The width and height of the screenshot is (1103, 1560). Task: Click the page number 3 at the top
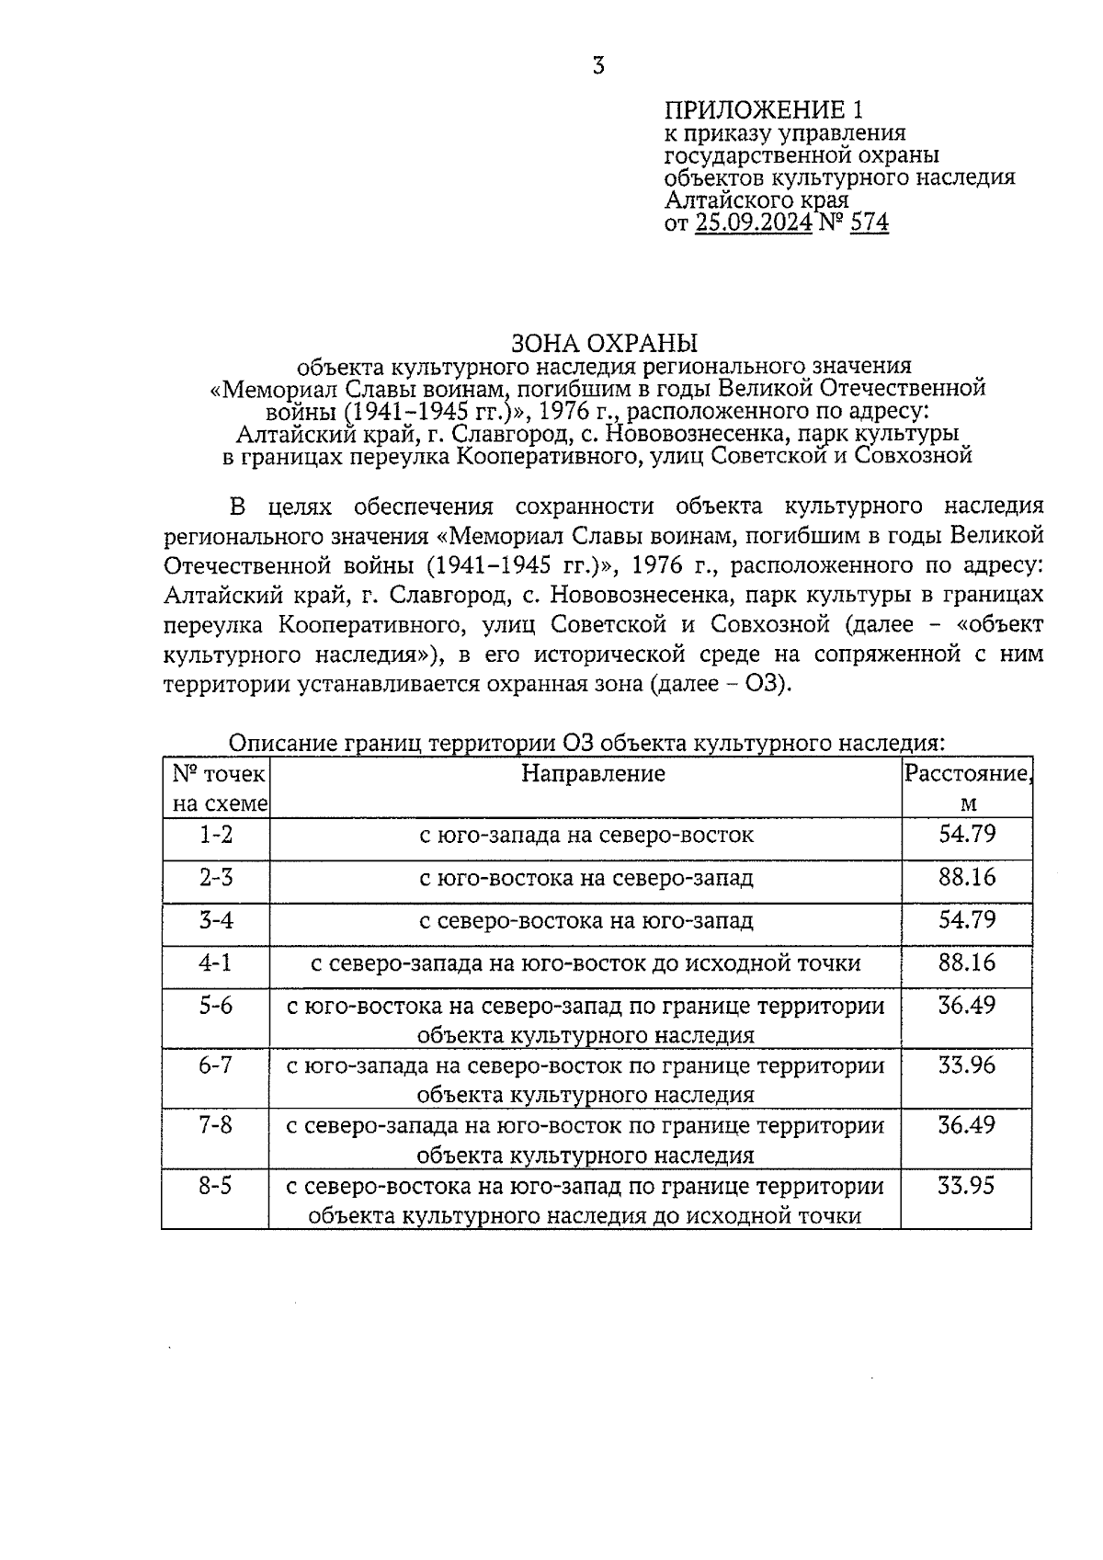(x=598, y=66)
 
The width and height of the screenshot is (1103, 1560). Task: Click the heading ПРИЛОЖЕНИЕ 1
(x=764, y=111)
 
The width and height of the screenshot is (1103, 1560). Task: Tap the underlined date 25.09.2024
(x=754, y=222)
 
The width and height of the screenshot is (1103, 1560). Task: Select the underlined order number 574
(x=870, y=222)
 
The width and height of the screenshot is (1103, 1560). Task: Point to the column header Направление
(x=593, y=774)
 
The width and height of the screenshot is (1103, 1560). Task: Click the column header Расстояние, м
(x=967, y=788)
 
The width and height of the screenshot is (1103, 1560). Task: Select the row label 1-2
(x=216, y=835)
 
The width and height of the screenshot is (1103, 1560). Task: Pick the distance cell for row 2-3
(x=967, y=877)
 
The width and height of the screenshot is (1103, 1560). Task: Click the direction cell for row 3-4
(x=586, y=921)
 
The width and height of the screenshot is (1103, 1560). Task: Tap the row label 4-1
(x=216, y=962)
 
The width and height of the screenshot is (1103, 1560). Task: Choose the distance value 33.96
(x=967, y=1065)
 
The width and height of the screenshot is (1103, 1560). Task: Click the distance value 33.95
(x=966, y=1186)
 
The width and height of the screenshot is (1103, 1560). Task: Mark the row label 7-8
(x=216, y=1125)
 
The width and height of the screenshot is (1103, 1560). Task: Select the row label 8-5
(x=216, y=1186)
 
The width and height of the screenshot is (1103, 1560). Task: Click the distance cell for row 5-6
(x=967, y=1005)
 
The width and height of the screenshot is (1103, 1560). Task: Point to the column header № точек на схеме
(x=218, y=788)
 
